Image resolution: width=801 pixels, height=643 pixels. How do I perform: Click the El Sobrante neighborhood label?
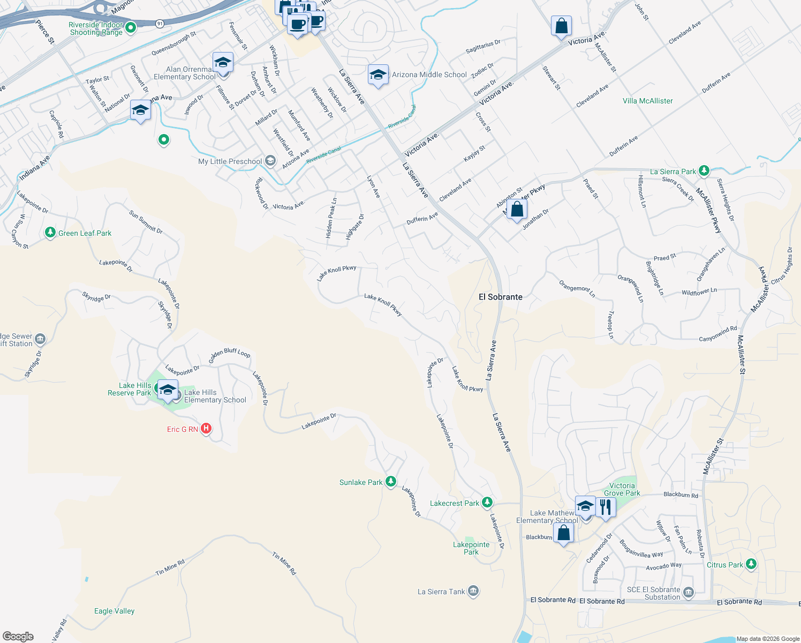coord(500,297)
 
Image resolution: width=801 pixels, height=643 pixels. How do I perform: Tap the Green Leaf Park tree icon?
coord(50,233)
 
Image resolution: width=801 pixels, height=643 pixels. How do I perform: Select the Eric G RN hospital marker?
coord(206,429)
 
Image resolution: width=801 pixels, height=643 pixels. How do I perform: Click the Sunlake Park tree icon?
coord(391,482)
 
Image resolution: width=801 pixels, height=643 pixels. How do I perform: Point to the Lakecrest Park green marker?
coord(487,503)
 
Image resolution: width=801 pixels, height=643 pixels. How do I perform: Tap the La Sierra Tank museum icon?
coord(473,591)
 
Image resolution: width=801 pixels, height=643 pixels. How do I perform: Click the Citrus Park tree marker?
coord(751,564)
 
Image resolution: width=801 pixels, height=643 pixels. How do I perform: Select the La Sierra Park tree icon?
coord(704,171)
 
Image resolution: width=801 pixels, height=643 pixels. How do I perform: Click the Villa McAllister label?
coord(647,101)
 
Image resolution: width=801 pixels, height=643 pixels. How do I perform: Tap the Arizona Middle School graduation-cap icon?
coord(378,76)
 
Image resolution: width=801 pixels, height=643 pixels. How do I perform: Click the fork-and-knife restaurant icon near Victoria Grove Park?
coord(605,506)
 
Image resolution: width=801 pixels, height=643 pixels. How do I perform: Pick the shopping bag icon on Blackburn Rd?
coord(563,533)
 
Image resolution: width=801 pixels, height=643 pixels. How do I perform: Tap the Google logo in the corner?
coord(18,636)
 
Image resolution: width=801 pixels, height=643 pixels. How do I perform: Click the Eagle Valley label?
coord(114,611)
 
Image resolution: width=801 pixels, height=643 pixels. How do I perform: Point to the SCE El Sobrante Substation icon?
coord(689,593)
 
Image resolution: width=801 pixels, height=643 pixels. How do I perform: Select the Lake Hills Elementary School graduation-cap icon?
coord(168,390)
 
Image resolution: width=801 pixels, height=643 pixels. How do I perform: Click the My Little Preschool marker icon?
coord(270,161)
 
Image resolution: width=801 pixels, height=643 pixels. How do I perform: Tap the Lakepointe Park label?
coord(471,548)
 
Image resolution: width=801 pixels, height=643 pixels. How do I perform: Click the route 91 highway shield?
coord(160,24)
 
